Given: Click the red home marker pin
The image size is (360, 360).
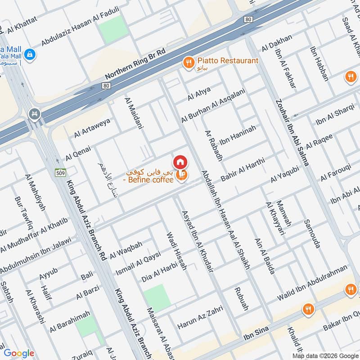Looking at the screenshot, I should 180,162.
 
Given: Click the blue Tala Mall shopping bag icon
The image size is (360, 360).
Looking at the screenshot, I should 30,55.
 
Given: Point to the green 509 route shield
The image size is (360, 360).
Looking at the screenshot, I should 60,172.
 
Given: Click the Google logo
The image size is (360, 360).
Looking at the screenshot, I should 19,353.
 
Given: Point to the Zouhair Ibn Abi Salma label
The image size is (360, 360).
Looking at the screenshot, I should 292,133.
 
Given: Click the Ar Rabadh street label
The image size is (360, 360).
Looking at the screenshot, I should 213,146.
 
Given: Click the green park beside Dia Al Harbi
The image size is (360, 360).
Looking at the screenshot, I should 157,297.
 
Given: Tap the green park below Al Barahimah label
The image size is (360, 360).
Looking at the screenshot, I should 86,326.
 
